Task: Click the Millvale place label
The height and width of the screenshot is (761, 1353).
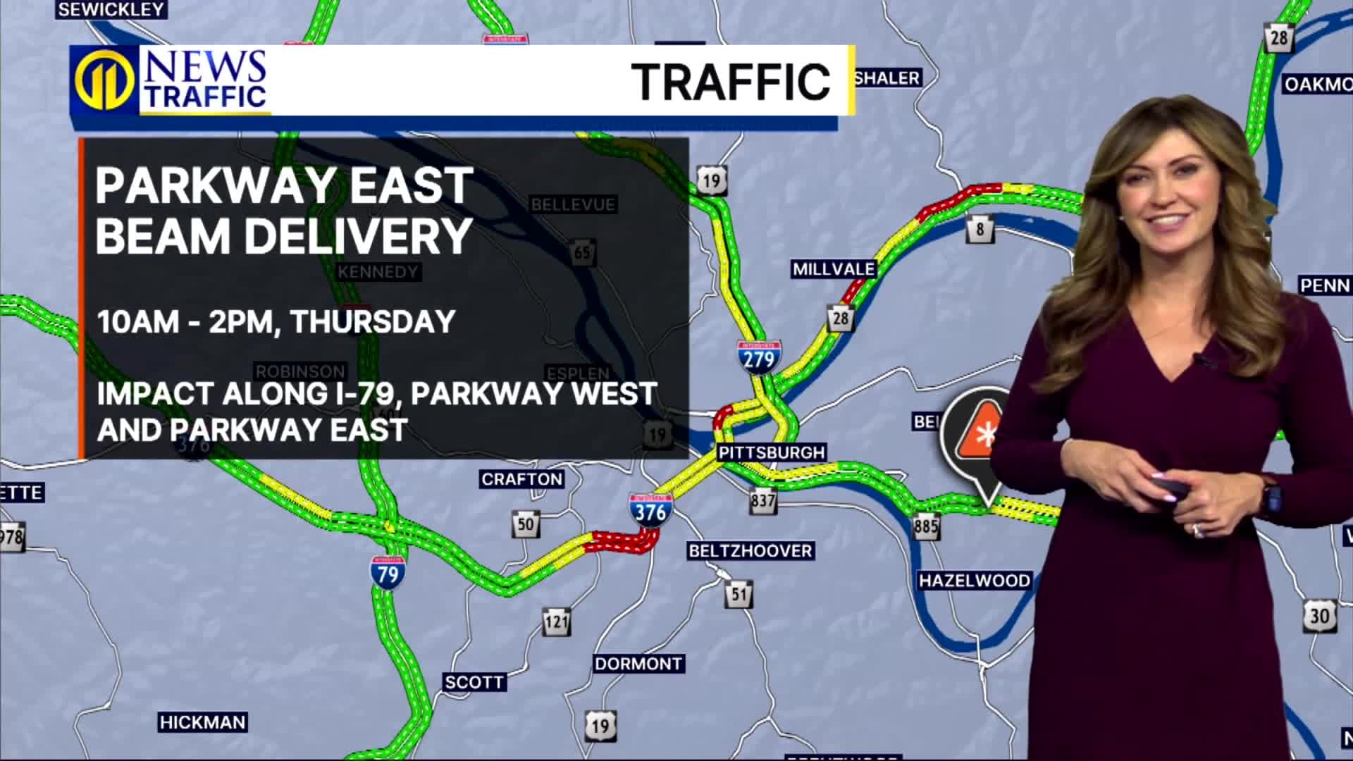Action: click(834, 269)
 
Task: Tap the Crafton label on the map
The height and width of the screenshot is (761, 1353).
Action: click(521, 480)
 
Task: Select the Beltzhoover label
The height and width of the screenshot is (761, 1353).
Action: click(750, 550)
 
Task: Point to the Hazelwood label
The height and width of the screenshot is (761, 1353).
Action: click(975, 581)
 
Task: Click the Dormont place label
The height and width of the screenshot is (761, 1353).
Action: click(638, 664)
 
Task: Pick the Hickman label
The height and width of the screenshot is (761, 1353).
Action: click(202, 722)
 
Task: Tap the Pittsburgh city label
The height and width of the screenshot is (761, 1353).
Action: click(772, 452)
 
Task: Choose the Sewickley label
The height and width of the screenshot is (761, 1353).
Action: click(111, 9)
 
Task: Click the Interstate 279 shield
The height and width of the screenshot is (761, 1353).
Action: click(759, 357)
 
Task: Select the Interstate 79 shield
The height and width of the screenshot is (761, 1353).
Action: click(388, 572)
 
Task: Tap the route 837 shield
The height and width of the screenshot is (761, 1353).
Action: click(763, 502)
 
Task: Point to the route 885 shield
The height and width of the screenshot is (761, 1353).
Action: click(926, 526)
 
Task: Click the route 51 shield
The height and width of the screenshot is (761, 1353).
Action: click(739, 594)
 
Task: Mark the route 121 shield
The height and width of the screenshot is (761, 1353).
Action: click(556, 621)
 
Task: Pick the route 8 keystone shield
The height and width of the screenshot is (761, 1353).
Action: click(980, 230)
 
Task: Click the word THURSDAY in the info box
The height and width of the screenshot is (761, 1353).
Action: click(373, 321)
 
